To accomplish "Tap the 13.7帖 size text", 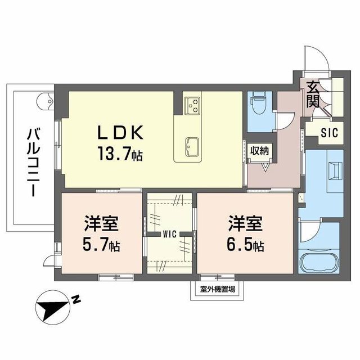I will pyautogui.click(x=120, y=153).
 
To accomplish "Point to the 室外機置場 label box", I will pyautogui.click(x=217, y=289).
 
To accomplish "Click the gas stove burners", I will pyautogui.click(x=193, y=104).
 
